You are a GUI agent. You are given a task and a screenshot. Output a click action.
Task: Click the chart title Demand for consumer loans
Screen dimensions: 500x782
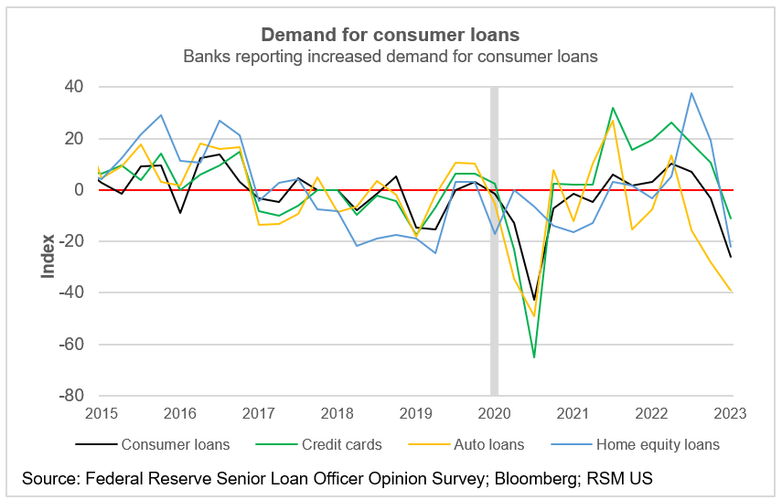(x=391, y=35)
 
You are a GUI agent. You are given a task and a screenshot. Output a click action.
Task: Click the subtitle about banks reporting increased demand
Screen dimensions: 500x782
(x=391, y=57)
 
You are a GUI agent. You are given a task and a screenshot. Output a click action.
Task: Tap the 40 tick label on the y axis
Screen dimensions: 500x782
(x=73, y=87)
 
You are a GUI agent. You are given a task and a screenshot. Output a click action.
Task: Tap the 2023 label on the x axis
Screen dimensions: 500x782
(x=728, y=414)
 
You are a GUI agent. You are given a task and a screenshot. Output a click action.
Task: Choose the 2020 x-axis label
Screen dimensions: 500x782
(x=495, y=414)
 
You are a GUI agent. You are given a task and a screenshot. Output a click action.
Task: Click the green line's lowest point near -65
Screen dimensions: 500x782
(x=534, y=357)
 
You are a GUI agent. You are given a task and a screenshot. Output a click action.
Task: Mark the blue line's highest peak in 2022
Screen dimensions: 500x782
(x=691, y=92)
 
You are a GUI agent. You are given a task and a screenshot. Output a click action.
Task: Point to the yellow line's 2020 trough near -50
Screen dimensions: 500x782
(x=534, y=316)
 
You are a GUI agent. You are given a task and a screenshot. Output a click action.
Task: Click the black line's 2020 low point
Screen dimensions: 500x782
(x=534, y=300)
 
